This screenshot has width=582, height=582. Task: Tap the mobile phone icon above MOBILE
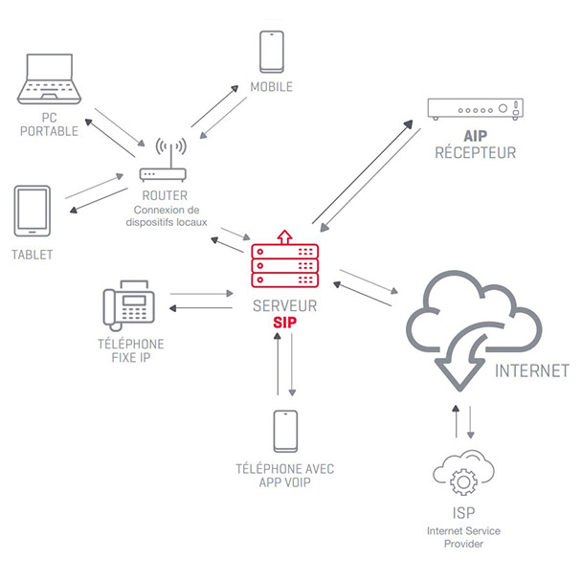271,53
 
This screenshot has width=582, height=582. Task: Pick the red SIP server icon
283,265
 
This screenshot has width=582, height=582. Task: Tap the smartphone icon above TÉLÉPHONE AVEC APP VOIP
285,433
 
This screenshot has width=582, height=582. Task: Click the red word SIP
283,324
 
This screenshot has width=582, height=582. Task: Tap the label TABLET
33,255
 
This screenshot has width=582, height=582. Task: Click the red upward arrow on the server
283,236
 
